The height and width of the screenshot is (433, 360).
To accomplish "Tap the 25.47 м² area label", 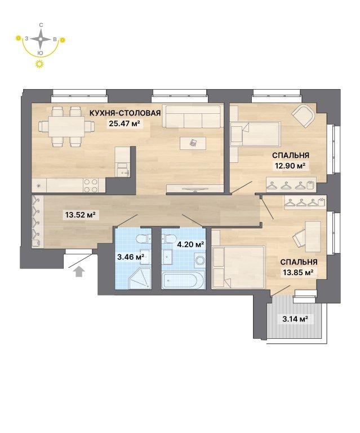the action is (124, 123).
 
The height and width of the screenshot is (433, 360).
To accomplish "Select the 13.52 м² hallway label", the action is (81, 215).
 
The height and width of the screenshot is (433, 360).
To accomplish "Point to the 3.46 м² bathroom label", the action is (131, 257).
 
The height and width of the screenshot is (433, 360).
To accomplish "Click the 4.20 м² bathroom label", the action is (190, 244).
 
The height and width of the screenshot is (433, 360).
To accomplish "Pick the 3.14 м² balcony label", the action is (295, 319).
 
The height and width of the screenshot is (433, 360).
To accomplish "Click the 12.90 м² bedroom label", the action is (290, 166).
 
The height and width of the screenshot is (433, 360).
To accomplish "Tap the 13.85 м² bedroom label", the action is (297, 272).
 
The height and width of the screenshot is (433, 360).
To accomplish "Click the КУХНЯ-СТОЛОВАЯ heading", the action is (125, 113).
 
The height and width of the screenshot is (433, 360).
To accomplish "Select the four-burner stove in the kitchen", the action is (91, 185).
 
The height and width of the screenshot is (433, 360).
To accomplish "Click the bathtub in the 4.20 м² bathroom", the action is (183, 280).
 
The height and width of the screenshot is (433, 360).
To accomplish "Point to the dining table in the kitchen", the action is (66, 126).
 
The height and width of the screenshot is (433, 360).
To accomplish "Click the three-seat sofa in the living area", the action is (193, 116).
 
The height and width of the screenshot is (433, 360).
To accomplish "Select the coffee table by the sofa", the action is (193, 143).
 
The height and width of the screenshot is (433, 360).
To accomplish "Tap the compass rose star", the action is (41, 39).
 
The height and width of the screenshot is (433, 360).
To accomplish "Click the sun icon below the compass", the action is (40, 64).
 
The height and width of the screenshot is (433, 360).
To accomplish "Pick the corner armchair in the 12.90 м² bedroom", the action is (304, 117).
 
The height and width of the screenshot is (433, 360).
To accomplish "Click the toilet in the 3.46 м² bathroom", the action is (144, 238).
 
